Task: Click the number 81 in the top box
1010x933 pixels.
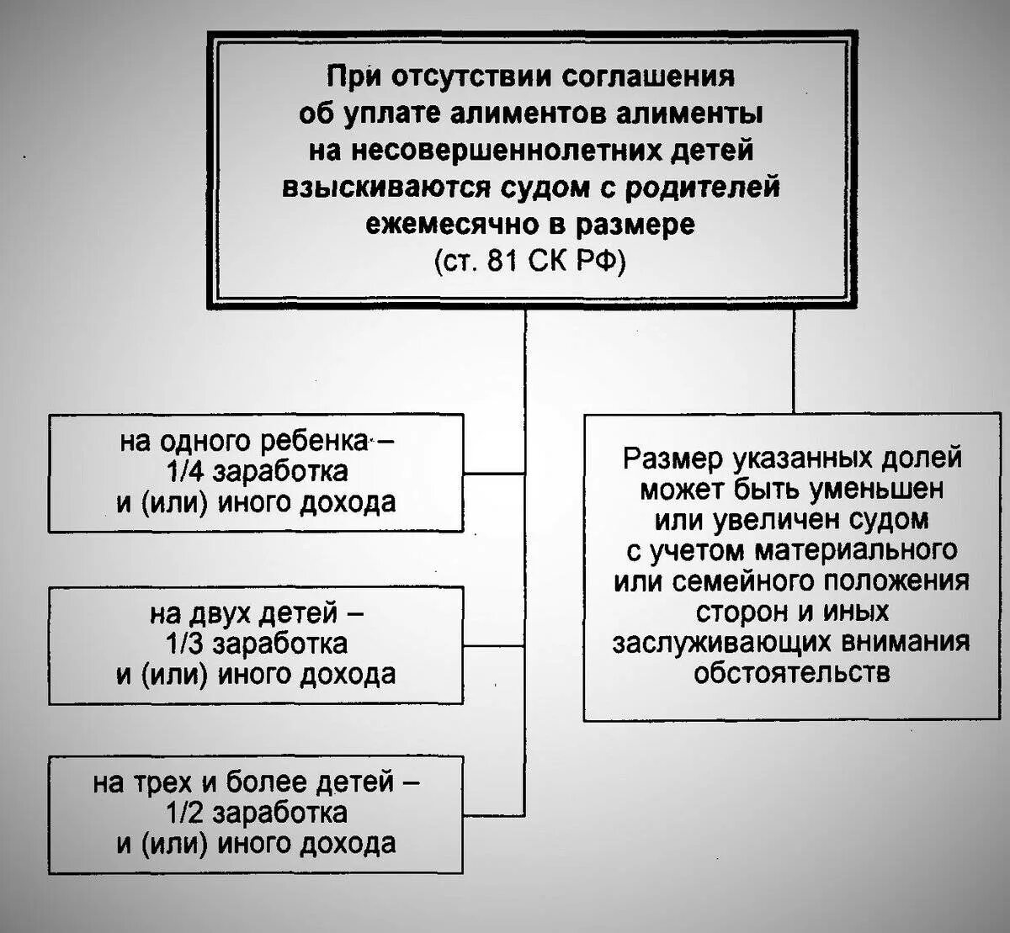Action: click(x=502, y=261)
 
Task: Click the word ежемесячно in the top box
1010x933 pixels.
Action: click(x=463, y=225)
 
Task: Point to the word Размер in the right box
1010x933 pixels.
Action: click(x=674, y=459)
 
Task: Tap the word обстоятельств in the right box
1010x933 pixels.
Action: click(x=792, y=672)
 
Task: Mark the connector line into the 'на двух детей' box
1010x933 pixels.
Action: click(x=494, y=645)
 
